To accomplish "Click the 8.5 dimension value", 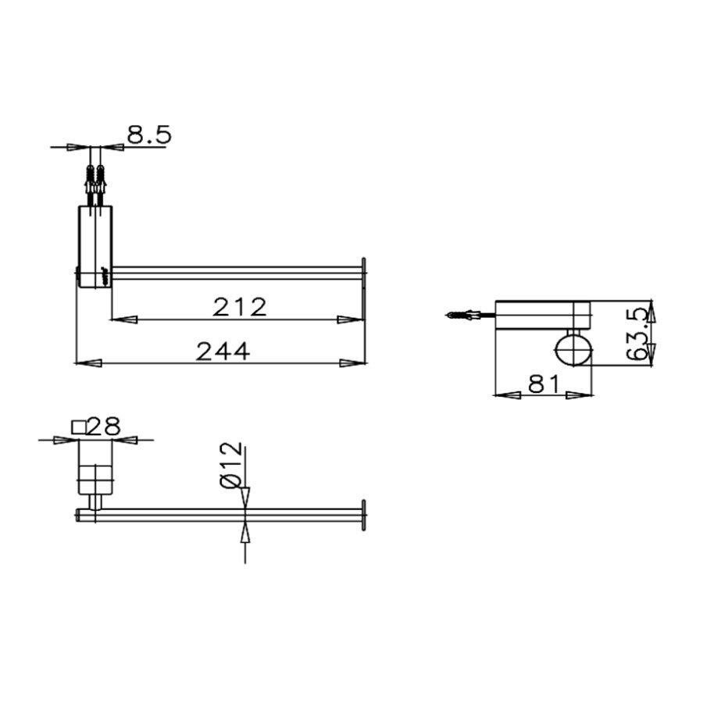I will [148, 134].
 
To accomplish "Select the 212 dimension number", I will [240, 307].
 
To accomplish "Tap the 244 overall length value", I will [222, 351].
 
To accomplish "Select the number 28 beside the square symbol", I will [105, 426].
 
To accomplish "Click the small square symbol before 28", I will [78, 426].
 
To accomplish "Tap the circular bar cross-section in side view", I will [573, 349].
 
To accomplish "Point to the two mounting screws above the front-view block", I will [95, 184].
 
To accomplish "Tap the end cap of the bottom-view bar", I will [362, 514].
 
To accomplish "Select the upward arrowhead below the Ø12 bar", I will [246, 533].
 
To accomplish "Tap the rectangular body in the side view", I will [543, 315].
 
